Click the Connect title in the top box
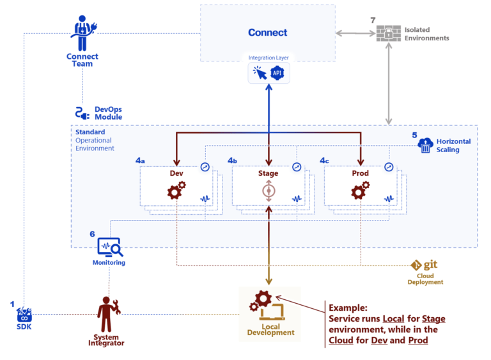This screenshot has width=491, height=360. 267,33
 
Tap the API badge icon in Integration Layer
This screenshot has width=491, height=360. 279,73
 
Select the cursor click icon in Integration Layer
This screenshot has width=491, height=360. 259,73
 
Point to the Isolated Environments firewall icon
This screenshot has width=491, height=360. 389,33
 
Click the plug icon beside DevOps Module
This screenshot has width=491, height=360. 81,113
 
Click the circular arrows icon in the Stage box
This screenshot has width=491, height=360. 269,191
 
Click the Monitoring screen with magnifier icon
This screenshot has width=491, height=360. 109,247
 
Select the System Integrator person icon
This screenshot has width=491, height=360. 106,310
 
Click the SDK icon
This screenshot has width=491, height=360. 24,315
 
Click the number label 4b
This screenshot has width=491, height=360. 233,160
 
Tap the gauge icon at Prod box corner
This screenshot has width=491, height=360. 389,167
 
